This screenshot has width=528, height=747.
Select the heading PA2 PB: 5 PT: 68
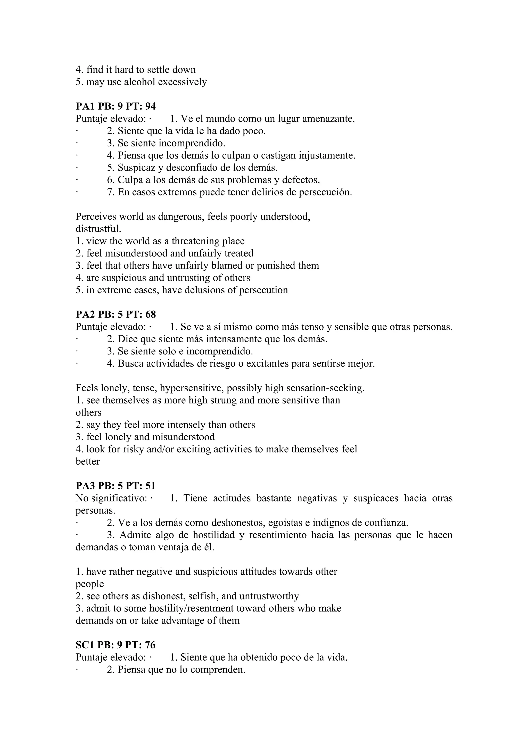click(115, 314)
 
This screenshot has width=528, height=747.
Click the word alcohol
click(140, 82)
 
